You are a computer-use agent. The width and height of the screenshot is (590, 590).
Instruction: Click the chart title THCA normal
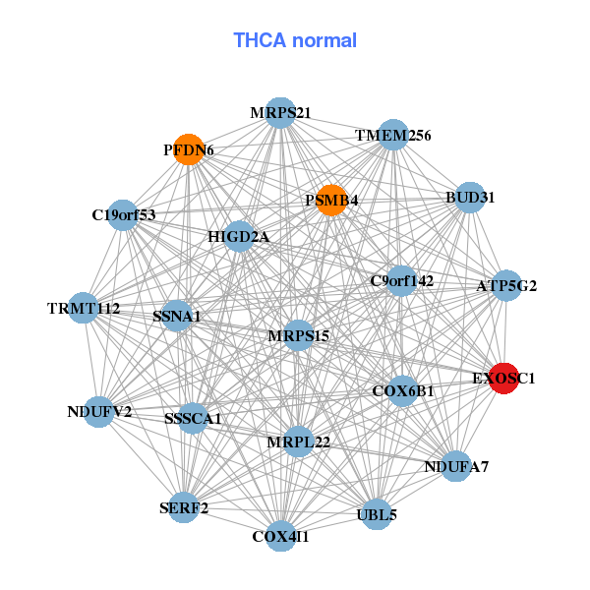click(x=294, y=40)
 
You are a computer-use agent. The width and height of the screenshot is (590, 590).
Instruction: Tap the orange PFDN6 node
click(x=188, y=149)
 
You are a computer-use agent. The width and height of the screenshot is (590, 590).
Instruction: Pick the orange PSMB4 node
click(x=331, y=200)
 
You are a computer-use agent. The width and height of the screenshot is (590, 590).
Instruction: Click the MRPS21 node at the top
click(x=280, y=112)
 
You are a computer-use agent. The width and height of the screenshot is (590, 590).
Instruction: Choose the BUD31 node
click(x=470, y=197)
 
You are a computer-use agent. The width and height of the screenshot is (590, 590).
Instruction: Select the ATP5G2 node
click(x=506, y=286)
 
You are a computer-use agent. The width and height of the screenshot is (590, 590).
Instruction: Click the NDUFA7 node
click(x=455, y=466)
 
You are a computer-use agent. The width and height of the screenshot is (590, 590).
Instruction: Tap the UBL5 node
click(x=377, y=513)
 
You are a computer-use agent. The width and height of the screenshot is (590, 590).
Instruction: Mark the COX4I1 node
click(x=280, y=536)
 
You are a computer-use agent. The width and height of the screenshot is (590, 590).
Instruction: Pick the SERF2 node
click(x=184, y=507)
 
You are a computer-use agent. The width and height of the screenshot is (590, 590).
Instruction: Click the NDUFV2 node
click(x=99, y=411)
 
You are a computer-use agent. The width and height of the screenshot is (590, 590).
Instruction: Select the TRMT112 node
click(x=84, y=309)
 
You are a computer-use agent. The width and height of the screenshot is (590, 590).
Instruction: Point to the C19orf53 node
click(x=123, y=214)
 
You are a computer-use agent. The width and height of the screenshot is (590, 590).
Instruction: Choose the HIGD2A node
click(x=239, y=236)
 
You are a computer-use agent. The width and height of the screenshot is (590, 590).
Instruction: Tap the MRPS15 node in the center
click(x=298, y=335)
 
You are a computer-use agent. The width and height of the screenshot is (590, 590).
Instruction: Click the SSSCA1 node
click(x=193, y=418)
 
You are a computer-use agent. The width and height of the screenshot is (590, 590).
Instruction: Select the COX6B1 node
click(x=402, y=390)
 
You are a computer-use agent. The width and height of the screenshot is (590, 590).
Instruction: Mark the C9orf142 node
click(x=401, y=280)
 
